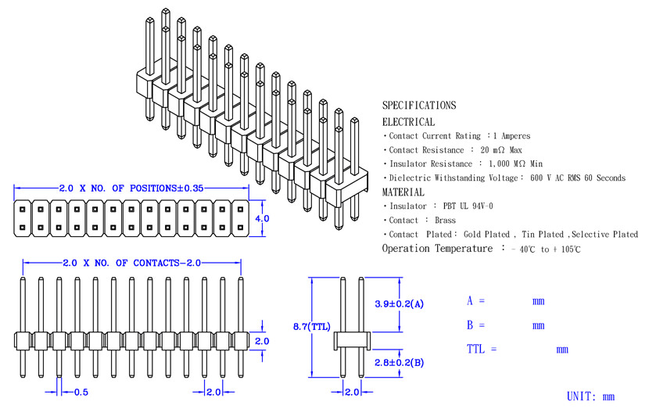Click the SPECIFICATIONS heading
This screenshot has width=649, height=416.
pyautogui.click(x=419, y=105)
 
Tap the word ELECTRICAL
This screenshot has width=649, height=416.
pyautogui.click(x=408, y=122)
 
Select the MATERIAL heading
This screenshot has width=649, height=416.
pyautogui.click(x=403, y=192)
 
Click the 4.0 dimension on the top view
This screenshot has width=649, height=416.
pyautogui.click(x=262, y=218)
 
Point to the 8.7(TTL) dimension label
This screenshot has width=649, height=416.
pyautogui.click(x=312, y=327)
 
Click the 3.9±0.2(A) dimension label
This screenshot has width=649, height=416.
pyautogui.click(x=399, y=304)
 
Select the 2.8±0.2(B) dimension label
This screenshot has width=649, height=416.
pyautogui.click(x=399, y=363)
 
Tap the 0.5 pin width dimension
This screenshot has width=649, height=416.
pyautogui.click(x=81, y=392)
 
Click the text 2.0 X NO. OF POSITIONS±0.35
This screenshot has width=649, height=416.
pyautogui.click(x=131, y=188)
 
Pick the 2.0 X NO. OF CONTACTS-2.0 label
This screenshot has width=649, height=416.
pyautogui.click(x=131, y=263)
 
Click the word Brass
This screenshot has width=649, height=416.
pyautogui.click(x=445, y=221)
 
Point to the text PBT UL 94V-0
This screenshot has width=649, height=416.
pyautogui.click(x=468, y=206)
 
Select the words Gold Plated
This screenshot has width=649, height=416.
pyautogui.click(x=486, y=235)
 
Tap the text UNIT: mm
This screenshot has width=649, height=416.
pyautogui.click(x=590, y=396)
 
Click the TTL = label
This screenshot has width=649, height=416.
pyautogui.click(x=482, y=349)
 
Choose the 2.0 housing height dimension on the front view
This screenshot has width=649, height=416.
pyautogui.click(x=262, y=341)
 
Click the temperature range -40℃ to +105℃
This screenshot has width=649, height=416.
pyautogui.click(x=546, y=249)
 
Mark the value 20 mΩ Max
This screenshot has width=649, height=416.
pyautogui.click(x=501, y=150)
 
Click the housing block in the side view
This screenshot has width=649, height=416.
pyautogui.click(x=352, y=341)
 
